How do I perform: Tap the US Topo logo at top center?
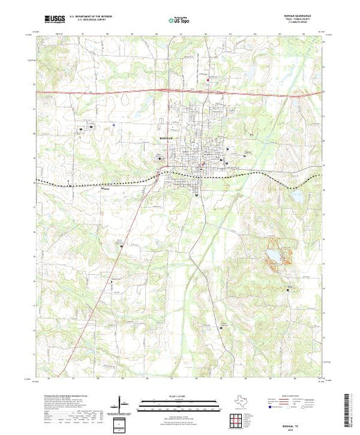179,20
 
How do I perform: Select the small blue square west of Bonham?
82,128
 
